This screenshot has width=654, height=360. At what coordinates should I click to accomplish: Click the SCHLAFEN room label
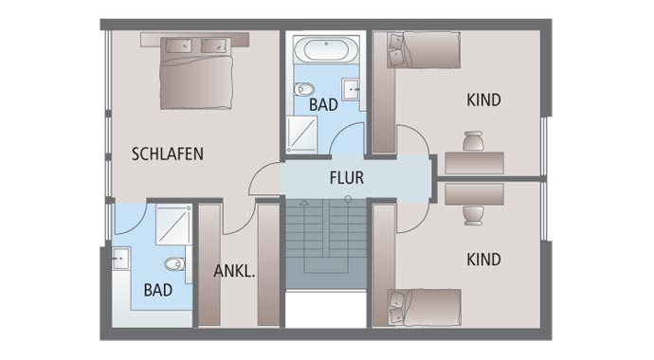(x=168, y=153)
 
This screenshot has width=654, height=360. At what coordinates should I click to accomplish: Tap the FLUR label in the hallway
(x=346, y=177)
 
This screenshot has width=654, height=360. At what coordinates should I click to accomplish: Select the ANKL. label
(x=234, y=271)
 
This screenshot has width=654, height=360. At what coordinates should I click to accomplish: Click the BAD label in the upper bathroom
(x=323, y=105)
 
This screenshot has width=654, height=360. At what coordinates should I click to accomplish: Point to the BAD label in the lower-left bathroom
(x=157, y=290)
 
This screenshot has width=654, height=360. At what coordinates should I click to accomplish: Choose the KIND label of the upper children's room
(x=483, y=99)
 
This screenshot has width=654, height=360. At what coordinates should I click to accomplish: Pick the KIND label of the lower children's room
(x=483, y=259)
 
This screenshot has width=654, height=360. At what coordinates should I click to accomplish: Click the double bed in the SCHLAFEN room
(x=195, y=73)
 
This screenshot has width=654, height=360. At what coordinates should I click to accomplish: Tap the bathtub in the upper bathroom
(x=326, y=49)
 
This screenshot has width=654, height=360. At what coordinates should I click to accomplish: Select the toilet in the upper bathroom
(x=303, y=91)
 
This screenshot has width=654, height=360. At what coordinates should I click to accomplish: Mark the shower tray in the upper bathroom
(x=302, y=135)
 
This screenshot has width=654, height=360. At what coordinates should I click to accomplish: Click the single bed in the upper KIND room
(x=423, y=49)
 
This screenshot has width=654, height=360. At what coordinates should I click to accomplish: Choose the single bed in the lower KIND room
(x=423, y=308)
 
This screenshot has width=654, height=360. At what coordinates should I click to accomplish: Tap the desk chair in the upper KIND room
(x=473, y=140)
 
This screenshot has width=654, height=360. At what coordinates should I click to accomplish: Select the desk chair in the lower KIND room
(x=473, y=214)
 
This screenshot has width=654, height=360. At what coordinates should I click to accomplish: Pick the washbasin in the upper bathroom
(x=352, y=91)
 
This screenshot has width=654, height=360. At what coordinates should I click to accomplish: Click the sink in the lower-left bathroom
(x=120, y=258)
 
